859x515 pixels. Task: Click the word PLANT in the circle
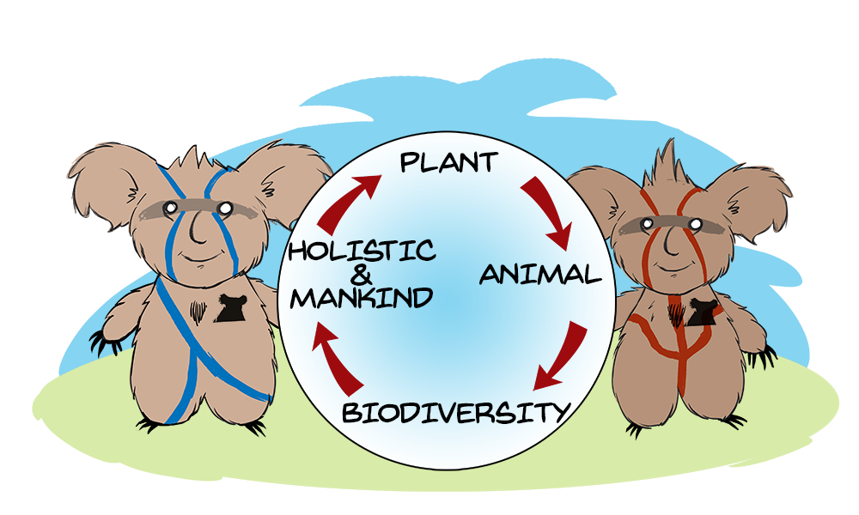tap(448, 162)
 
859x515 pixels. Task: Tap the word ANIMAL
tap(540, 274)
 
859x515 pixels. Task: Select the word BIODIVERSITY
tap(456, 412)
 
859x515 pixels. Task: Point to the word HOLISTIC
tap(362, 251)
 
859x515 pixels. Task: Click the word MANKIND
tap(362, 299)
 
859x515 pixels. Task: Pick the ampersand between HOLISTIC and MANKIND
tap(361, 275)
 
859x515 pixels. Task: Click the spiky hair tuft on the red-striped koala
tap(669, 164)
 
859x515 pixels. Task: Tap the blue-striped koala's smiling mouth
tap(200, 257)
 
